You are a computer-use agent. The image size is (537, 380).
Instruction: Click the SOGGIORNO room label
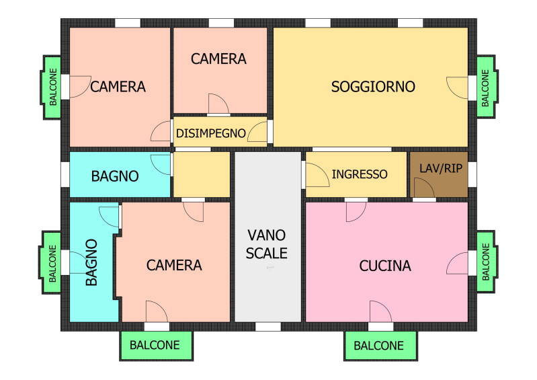373,87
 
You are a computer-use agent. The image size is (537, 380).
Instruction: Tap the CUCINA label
385,266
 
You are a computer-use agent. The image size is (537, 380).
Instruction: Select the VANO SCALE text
267,244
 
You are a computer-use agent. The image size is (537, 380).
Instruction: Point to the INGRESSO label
360,174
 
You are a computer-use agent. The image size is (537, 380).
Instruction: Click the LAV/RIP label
441,168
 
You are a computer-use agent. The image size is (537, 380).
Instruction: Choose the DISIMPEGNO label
210,133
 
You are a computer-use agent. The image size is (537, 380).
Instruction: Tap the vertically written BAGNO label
92,262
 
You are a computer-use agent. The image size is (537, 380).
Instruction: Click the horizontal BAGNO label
115,176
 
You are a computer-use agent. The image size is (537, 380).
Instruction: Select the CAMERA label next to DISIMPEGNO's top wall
218,59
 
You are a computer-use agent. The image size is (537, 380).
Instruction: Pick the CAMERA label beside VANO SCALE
174,265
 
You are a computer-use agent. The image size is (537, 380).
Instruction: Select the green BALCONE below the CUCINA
380,346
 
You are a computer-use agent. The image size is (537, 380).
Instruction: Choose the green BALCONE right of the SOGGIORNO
487,87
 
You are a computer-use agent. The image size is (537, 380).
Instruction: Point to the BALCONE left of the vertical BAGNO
51,262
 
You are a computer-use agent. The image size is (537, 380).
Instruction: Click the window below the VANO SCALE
268,327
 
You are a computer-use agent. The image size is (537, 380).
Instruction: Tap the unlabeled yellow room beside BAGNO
202,174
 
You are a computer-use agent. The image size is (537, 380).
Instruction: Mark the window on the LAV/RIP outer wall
472,174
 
